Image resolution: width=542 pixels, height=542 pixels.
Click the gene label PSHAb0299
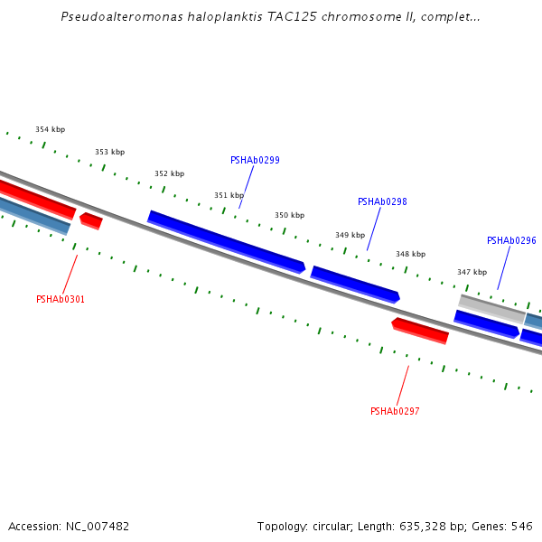pyautogui.click(x=255, y=161)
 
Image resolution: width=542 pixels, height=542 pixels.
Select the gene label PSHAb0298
pyautogui.click(x=382, y=202)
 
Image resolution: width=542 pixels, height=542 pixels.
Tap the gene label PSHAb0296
pyautogui.click(x=511, y=241)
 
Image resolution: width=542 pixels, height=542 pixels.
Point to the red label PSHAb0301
pyautogui.click(x=61, y=300)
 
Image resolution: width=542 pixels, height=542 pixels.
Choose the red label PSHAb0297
pyautogui.click(x=395, y=412)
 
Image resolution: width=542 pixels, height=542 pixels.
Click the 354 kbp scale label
pyautogui.click(x=50, y=130)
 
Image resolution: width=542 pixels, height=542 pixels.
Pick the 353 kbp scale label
pyautogui.click(x=109, y=153)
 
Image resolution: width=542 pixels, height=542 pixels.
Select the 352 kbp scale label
pyautogui.click(x=169, y=174)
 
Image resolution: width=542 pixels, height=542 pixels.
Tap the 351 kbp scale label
pyautogui.click(x=229, y=196)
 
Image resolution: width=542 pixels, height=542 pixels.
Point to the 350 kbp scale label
pyautogui.click(x=289, y=216)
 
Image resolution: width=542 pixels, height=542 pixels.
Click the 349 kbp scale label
pyautogui.click(x=350, y=236)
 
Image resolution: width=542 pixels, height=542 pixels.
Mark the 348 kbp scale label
pyautogui.click(x=410, y=255)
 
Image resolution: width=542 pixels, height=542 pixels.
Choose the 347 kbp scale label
pyautogui.click(x=472, y=273)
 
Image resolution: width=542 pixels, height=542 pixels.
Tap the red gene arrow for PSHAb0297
pyautogui.click(x=420, y=331)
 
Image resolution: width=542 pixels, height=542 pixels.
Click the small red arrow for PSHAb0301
pyautogui.click(x=90, y=220)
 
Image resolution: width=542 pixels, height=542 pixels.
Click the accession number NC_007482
pyautogui.click(x=98, y=527)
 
